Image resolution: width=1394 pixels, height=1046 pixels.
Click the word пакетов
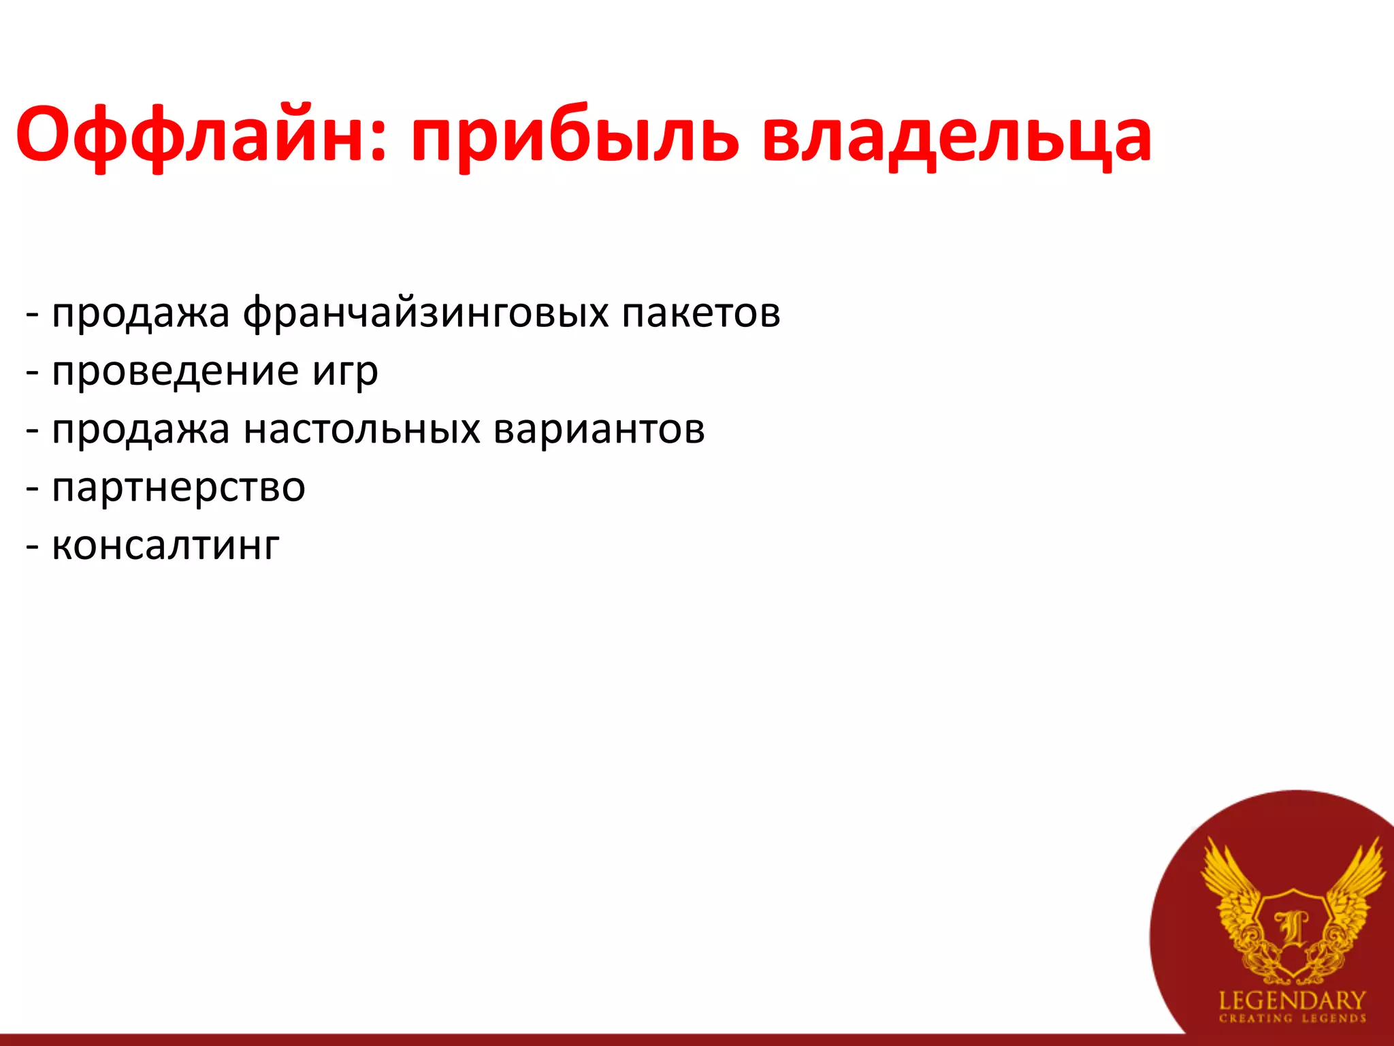700,313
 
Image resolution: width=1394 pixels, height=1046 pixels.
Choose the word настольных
361,430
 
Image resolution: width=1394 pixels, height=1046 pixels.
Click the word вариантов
599,430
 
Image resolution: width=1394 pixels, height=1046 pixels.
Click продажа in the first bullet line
140,314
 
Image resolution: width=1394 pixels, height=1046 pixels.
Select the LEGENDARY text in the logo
1292,1000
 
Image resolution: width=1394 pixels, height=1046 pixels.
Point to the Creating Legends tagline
1292,1019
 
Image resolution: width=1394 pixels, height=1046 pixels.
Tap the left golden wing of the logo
1232,892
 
